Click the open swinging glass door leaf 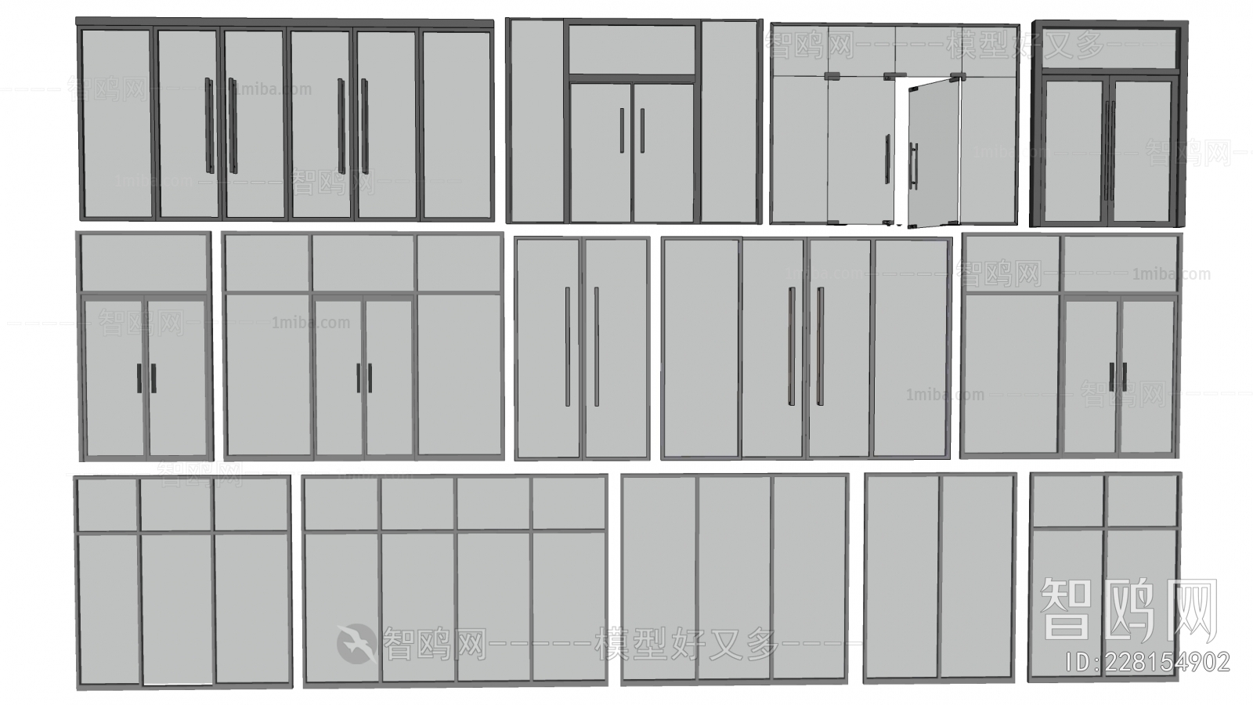pos(932,157)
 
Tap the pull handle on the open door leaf pos(913,166)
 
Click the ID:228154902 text pos(1148,662)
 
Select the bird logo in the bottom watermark pos(356,644)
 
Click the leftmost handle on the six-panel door pos(209,125)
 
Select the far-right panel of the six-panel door pos(456,125)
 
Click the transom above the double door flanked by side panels pos(632,49)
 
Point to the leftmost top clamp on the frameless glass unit pos(832,76)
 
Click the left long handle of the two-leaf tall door pos(569,346)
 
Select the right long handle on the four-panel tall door pos(820,346)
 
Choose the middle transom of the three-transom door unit pos(363,263)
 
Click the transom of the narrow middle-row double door pos(145,263)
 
